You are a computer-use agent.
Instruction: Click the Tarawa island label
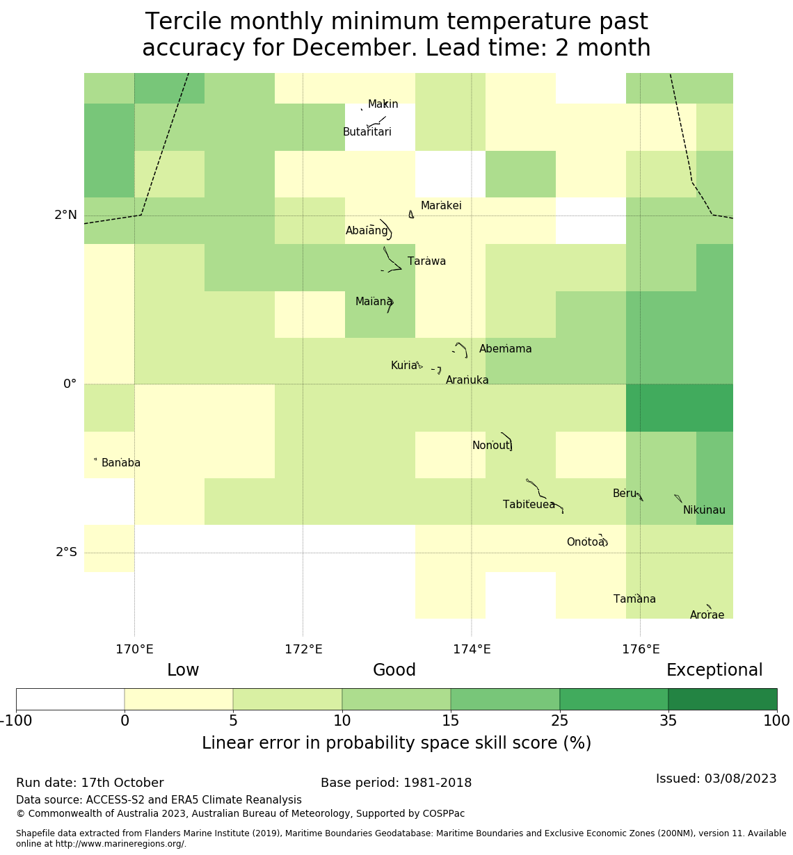click(426, 261)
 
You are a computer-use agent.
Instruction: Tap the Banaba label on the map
click(121, 463)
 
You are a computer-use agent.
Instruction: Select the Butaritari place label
click(367, 132)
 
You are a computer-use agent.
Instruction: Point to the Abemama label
click(505, 349)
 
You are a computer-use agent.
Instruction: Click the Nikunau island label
click(704, 510)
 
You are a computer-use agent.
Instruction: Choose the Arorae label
click(707, 615)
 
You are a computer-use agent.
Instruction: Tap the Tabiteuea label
click(529, 505)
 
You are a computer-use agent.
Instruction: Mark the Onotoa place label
click(585, 542)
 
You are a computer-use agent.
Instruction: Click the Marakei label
click(441, 206)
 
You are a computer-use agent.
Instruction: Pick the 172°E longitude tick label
click(303, 649)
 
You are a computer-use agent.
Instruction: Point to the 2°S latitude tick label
click(66, 552)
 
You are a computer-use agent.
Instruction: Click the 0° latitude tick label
click(70, 384)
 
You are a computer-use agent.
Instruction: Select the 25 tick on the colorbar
click(559, 721)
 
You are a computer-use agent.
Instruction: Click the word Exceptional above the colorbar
click(714, 670)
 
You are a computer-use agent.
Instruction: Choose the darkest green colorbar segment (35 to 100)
click(722, 699)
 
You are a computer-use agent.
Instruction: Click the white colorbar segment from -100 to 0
click(70, 699)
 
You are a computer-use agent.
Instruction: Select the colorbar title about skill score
click(397, 743)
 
